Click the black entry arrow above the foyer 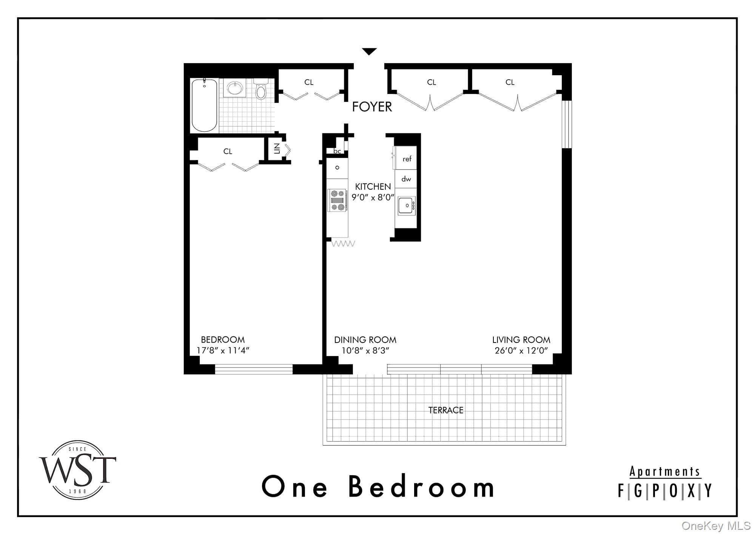pyautogui.click(x=369, y=51)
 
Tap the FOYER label pyautogui.click(x=372, y=107)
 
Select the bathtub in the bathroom pyautogui.click(x=204, y=105)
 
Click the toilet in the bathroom pyautogui.click(x=260, y=89)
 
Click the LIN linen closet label pyautogui.click(x=277, y=149)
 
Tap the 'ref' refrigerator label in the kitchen pyautogui.click(x=407, y=159)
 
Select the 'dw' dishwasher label pyautogui.click(x=406, y=179)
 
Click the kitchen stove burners pyautogui.click(x=337, y=200)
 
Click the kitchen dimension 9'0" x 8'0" pyautogui.click(x=373, y=197)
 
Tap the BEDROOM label pyautogui.click(x=223, y=340)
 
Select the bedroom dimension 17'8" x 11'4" pyautogui.click(x=223, y=350)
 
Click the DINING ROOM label pyautogui.click(x=365, y=340)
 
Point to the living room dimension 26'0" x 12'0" pyautogui.click(x=521, y=350)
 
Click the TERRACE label pyautogui.click(x=446, y=410)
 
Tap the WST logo pyautogui.click(x=78, y=470)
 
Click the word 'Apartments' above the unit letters pyautogui.click(x=665, y=472)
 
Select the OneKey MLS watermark pyautogui.click(x=716, y=526)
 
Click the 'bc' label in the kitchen pyautogui.click(x=337, y=151)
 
